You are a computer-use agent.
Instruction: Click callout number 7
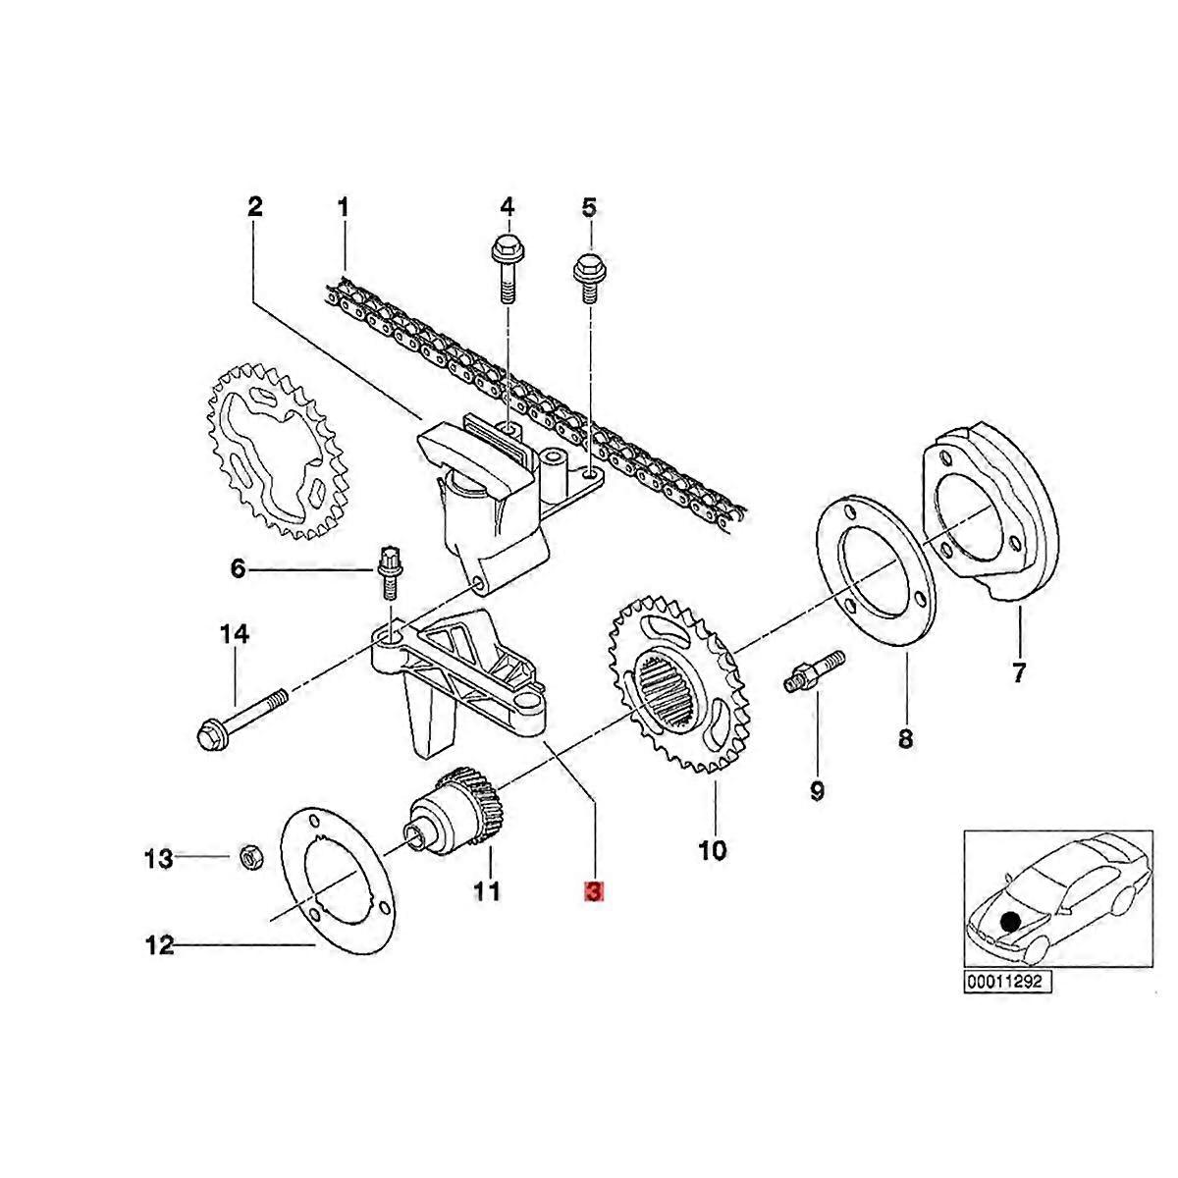[x=1018, y=673]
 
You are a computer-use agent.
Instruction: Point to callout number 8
[x=904, y=737]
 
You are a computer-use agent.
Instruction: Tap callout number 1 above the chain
[x=343, y=207]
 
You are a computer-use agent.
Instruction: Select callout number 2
[x=254, y=207]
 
